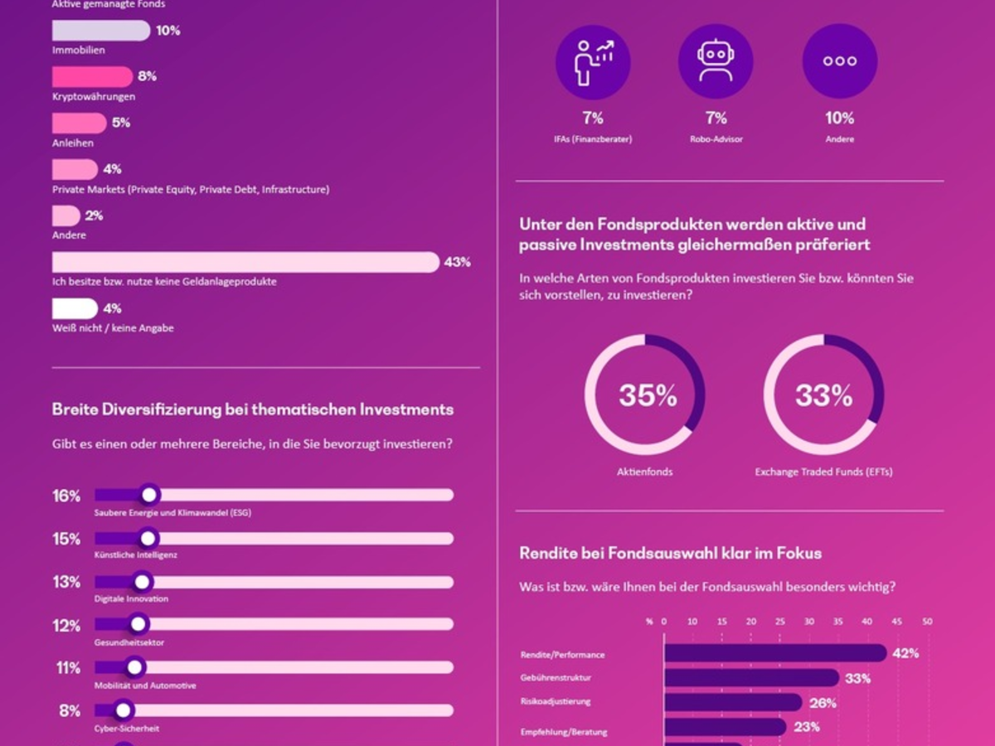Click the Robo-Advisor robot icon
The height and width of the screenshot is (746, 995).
click(x=715, y=61)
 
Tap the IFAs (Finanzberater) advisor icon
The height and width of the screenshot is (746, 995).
click(x=592, y=61)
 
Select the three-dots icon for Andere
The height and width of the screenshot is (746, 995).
click(x=839, y=61)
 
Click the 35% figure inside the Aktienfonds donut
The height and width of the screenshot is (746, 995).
click(x=648, y=396)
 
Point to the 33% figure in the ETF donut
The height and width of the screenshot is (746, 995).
click(x=823, y=396)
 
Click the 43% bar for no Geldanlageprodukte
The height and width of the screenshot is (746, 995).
click(x=245, y=262)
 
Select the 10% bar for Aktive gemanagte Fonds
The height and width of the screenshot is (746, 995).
click(x=101, y=31)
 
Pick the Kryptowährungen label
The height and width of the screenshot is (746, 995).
click(x=93, y=97)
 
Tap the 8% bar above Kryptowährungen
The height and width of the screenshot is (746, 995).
click(x=92, y=77)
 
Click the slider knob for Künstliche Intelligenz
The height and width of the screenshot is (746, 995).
click(x=148, y=538)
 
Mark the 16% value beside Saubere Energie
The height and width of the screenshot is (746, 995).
click(x=66, y=496)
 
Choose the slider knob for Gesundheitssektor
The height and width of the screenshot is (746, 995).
click(x=138, y=624)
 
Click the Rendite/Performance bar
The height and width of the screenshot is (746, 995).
click(x=775, y=653)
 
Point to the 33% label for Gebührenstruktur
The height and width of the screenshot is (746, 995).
click(x=857, y=679)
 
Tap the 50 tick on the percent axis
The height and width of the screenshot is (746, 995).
click(x=927, y=621)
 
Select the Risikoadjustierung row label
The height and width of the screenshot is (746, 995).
click(x=555, y=701)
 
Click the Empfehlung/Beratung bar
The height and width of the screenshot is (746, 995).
click(x=726, y=727)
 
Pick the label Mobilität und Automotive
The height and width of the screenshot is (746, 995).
click(x=145, y=685)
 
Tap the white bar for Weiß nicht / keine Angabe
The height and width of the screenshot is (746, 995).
click(x=75, y=308)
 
